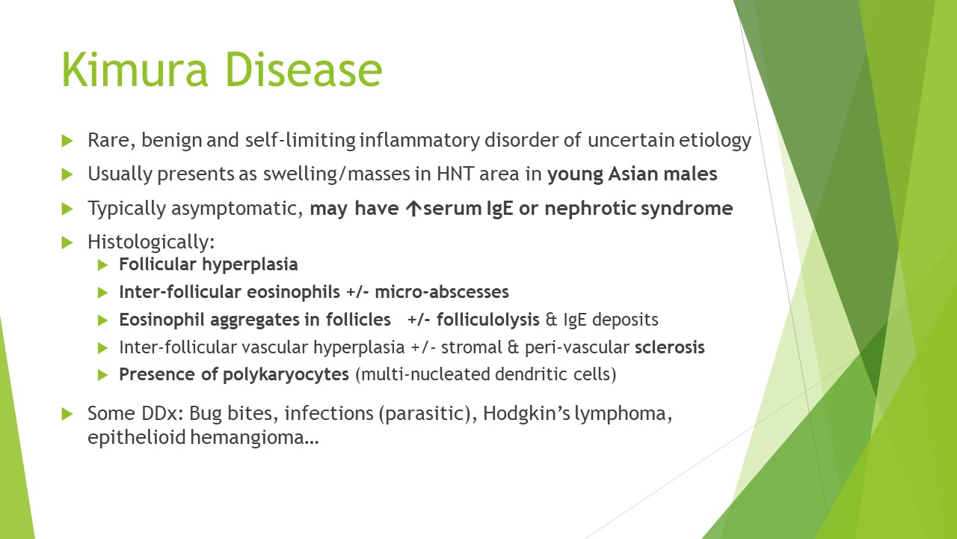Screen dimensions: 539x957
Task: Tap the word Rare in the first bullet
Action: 106,140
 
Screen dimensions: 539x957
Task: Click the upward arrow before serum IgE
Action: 412,208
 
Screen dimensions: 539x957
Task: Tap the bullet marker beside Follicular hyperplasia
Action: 103,264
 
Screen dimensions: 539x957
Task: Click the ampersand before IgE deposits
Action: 552,320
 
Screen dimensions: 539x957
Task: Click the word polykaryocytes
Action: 287,374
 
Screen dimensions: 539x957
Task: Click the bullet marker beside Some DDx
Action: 67,413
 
